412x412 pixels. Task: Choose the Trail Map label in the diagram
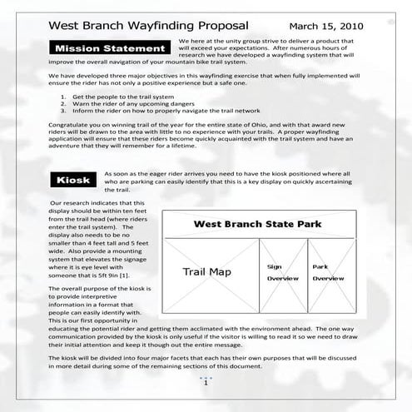coord(207,272)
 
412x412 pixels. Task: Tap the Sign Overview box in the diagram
coord(281,272)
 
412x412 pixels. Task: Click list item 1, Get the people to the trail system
coord(125,120)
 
